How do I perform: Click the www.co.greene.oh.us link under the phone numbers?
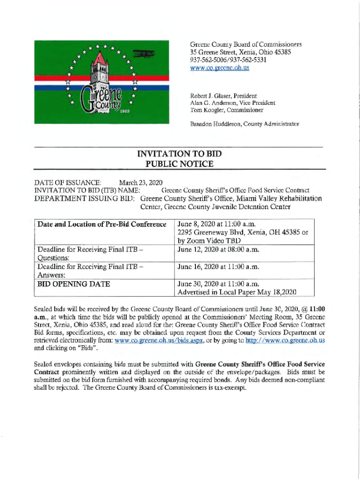(x=219, y=67)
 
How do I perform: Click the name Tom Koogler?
(x=205, y=110)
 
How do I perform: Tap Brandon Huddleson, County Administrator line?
(x=245, y=124)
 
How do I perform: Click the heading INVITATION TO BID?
(x=179, y=154)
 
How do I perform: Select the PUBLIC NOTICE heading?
(x=179, y=164)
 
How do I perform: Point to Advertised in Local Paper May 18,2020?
(x=238, y=292)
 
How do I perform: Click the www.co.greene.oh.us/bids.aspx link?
(x=158, y=340)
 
